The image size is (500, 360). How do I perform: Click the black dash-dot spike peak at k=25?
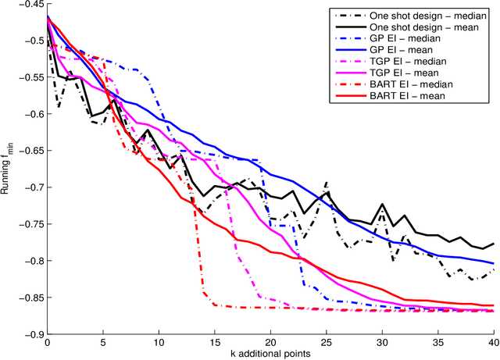coord(326,183)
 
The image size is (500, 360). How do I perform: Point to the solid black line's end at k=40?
coord(493,244)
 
